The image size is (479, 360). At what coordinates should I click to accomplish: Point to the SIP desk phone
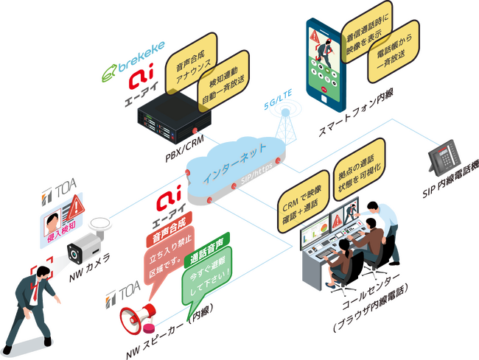(x=446, y=156)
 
